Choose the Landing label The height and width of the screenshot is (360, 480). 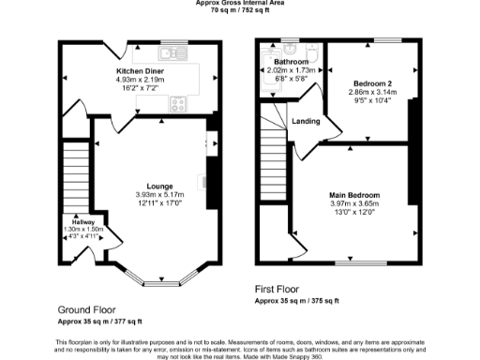coord(305,120)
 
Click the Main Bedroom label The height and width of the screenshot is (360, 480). coord(354,195)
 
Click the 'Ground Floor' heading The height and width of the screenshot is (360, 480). coord(86,309)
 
